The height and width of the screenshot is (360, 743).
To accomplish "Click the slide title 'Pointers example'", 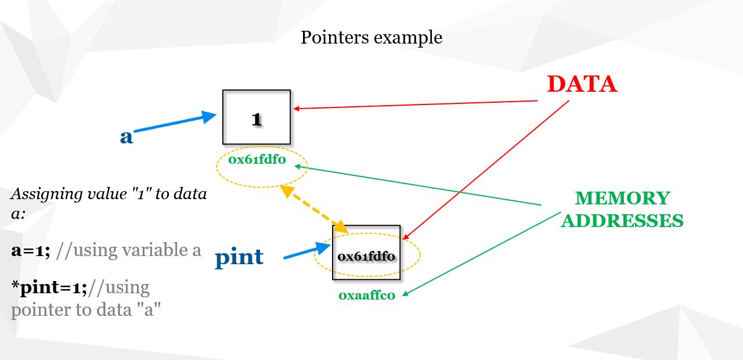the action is [371, 38].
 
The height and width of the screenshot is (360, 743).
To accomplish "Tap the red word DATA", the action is [582, 84].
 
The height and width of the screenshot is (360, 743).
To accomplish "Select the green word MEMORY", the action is [623, 198].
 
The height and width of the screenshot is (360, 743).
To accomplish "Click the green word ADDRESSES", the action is [622, 221].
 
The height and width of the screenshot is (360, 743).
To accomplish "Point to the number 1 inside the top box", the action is [257, 119].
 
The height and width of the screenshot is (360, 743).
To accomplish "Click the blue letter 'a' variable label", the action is [127, 136].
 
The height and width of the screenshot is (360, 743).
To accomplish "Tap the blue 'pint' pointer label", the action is [239, 258].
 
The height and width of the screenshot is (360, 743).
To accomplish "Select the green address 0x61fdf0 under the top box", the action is [257, 160].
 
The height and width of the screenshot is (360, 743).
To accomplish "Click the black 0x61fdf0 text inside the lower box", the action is [366, 256].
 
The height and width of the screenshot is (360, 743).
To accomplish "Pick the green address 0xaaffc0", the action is [367, 296].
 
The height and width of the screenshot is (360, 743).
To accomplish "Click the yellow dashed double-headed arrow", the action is [314, 209].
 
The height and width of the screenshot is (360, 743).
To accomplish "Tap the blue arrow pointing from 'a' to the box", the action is [175, 122].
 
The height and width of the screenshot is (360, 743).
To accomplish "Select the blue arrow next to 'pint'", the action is [307, 250].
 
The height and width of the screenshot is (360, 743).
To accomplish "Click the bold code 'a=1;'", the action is [31, 250].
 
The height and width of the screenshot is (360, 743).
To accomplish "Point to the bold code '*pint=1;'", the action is [49, 287].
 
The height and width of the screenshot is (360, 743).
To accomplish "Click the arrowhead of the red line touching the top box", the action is [297, 109].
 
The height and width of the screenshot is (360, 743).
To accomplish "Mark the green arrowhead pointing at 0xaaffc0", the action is [405, 293].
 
